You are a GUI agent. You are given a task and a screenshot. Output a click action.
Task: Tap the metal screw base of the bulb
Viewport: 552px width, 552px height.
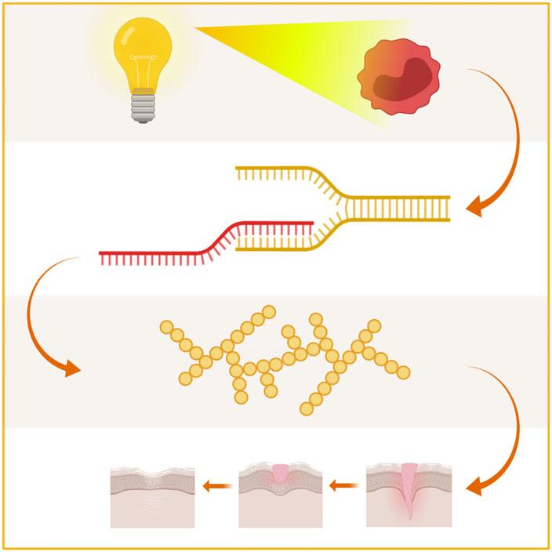click(143, 104)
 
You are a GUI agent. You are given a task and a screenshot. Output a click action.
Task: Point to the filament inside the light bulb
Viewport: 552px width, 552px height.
click(143, 58)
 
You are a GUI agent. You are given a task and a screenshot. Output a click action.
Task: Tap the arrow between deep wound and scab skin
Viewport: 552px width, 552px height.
click(342, 486)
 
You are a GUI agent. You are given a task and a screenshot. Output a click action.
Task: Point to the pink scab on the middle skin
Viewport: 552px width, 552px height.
click(281, 474)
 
